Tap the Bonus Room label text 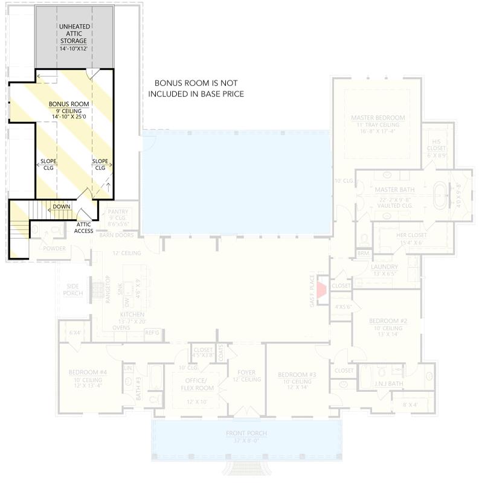(69, 104)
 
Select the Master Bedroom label (378, 117)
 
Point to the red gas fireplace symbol (322, 289)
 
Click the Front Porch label (246, 433)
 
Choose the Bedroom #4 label (88, 373)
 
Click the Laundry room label (384, 266)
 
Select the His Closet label (436, 142)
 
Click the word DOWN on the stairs (62, 206)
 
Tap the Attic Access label (84, 227)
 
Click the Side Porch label (72, 290)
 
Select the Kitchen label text (132, 315)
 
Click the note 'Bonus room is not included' (196, 88)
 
